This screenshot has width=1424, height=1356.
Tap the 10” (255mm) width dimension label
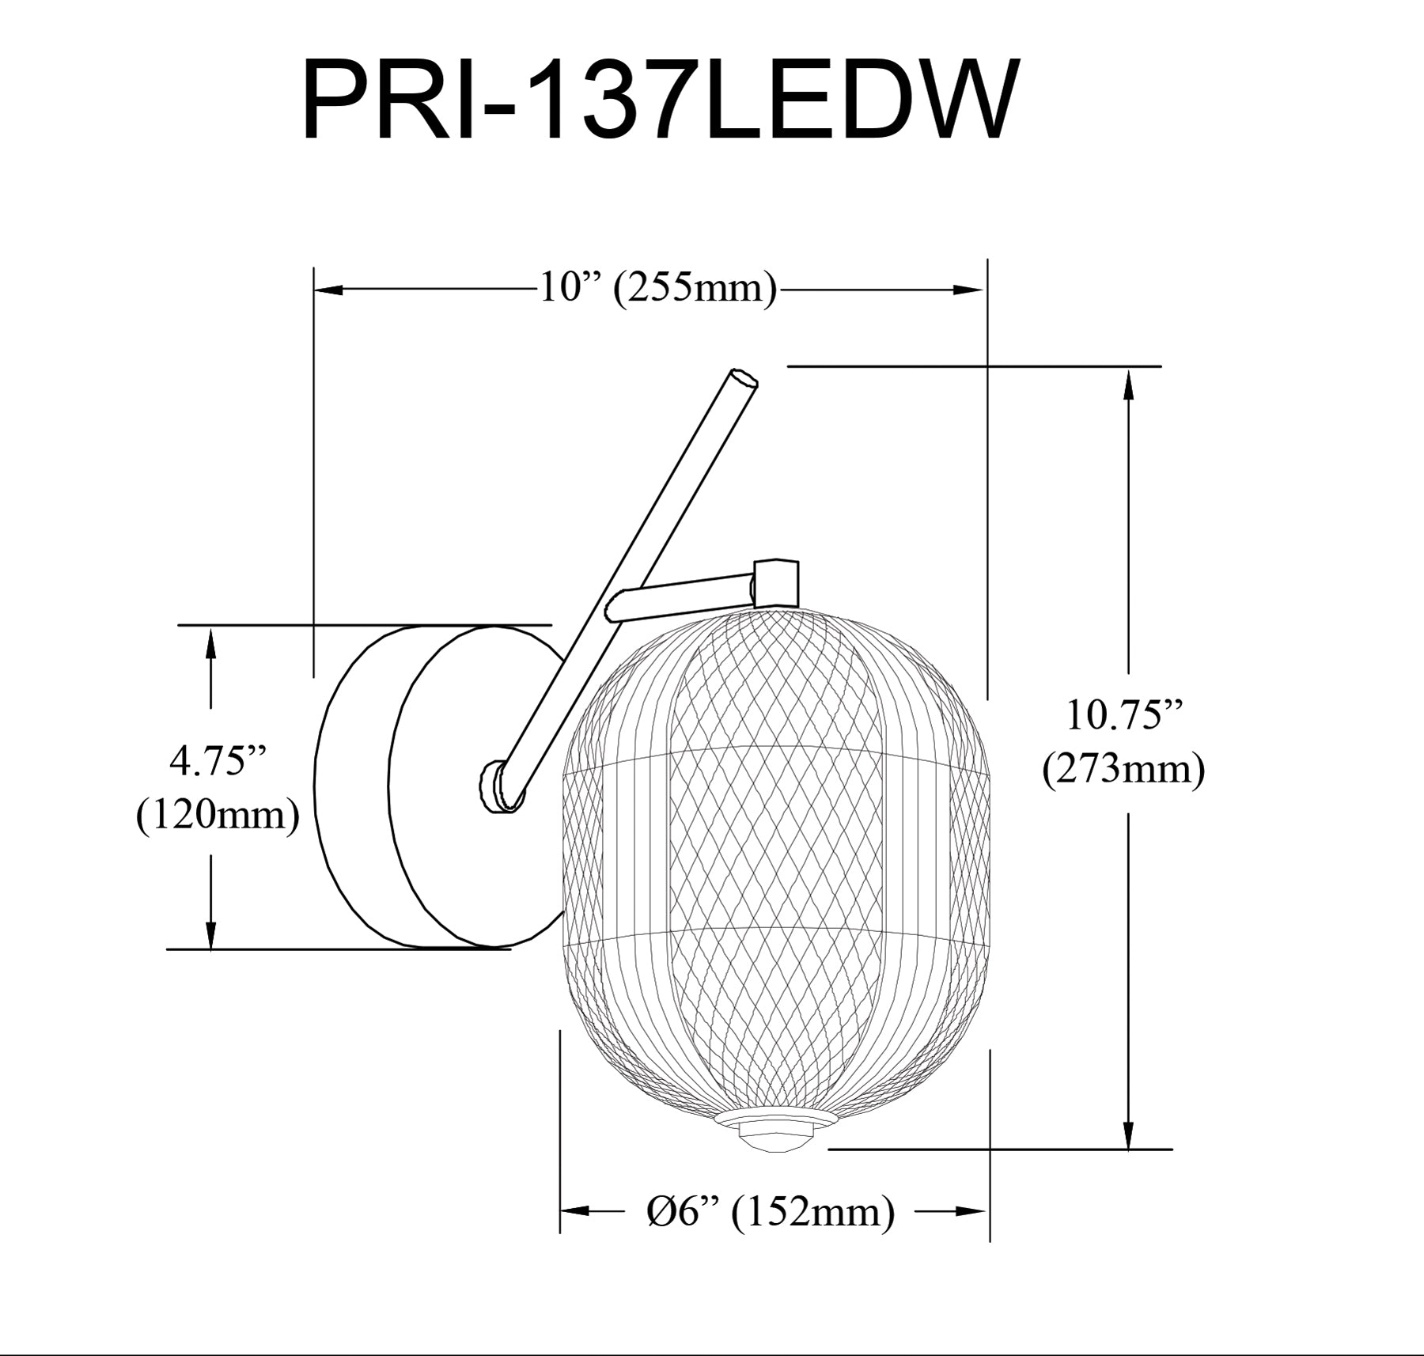657,288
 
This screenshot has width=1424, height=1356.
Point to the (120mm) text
218,815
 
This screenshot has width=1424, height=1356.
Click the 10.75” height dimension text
1123,715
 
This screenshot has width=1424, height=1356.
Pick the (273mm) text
1123,768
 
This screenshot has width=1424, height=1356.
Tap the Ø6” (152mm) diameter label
771,1211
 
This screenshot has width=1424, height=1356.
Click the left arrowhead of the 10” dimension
331,290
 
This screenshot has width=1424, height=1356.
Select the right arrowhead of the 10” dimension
968,290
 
